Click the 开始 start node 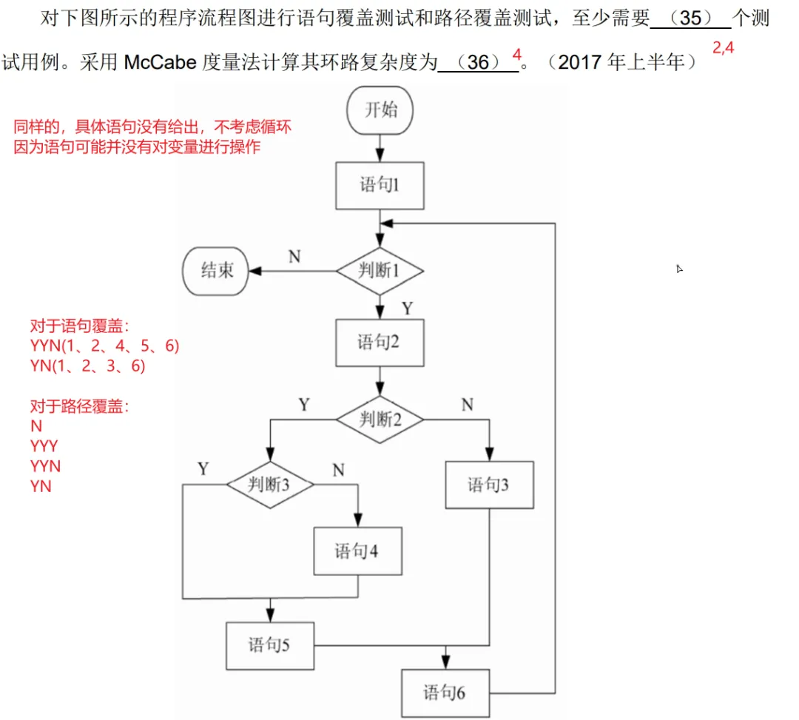(380, 111)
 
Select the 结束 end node (216, 271)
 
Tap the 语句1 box (380, 185)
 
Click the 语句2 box (380, 343)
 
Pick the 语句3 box (489, 485)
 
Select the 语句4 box (358, 551)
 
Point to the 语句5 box (269, 645)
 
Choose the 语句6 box (445, 693)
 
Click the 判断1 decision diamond (380, 271)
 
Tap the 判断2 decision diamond (380, 420)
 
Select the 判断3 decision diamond (269, 485)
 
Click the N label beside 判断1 (294, 257)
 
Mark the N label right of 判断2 (467, 405)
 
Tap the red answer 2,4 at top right (723, 49)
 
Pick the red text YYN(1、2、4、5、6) (104, 346)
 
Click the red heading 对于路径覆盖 (79, 406)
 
